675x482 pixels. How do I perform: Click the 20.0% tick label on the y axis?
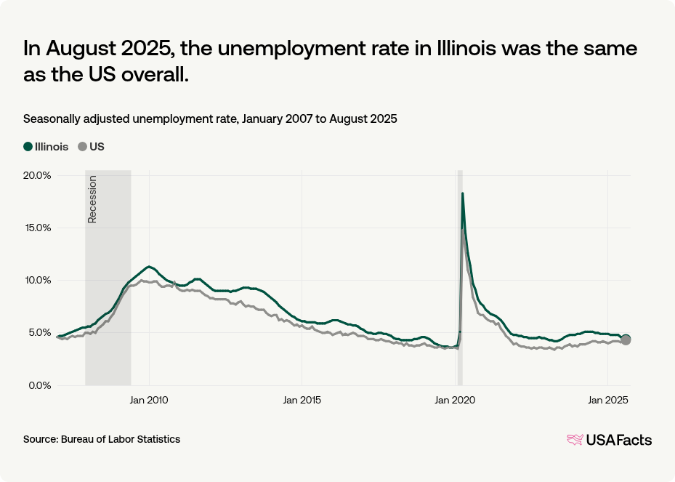point(36,175)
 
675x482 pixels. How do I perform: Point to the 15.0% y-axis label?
point(36,228)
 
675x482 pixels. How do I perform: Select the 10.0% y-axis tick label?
point(36,280)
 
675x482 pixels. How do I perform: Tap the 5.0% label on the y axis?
point(38,332)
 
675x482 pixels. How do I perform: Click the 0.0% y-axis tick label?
point(38,385)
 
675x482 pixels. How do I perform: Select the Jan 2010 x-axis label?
point(149,400)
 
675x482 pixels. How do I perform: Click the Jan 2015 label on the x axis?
point(302,400)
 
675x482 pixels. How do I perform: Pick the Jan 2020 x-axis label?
point(455,400)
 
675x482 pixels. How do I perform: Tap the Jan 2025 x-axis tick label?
point(607,400)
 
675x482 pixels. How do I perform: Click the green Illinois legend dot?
point(28,147)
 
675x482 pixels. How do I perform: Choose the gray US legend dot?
point(82,147)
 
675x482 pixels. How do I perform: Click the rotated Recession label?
point(92,199)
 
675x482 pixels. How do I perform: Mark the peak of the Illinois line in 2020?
point(462,193)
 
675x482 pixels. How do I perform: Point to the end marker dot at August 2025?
point(626,340)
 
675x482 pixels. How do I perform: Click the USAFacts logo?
point(609,440)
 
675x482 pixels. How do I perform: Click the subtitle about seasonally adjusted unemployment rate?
point(210,119)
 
